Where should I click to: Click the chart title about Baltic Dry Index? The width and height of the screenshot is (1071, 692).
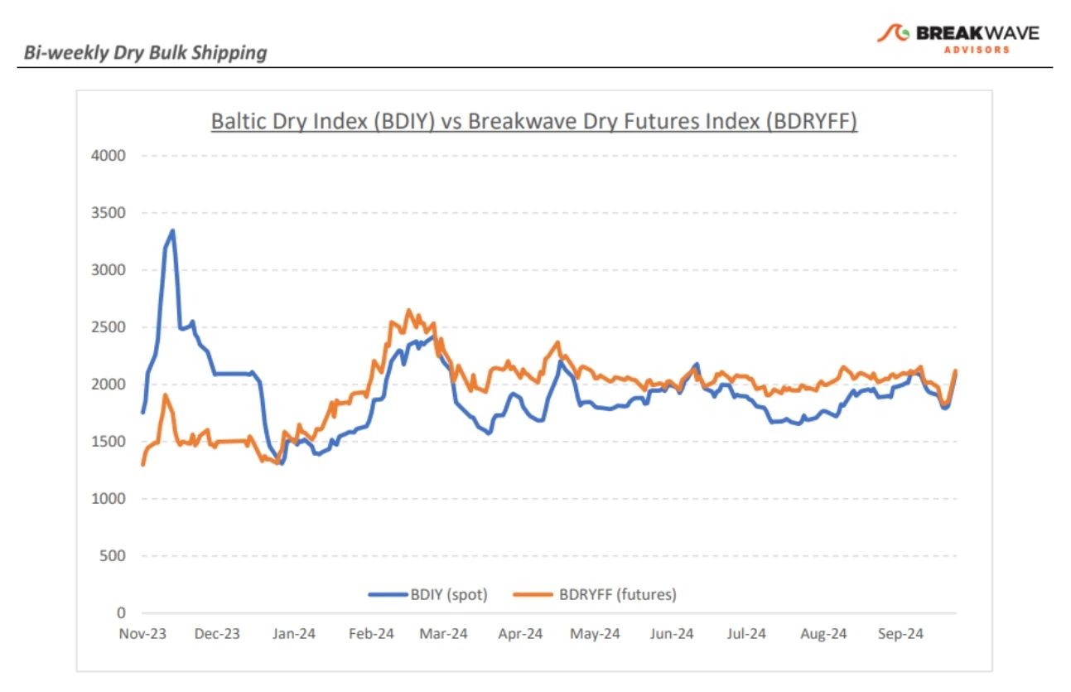pyautogui.click(x=534, y=121)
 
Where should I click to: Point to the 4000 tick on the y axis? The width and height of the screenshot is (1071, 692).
pyautogui.click(x=110, y=156)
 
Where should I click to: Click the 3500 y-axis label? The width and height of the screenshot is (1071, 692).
pyautogui.click(x=110, y=213)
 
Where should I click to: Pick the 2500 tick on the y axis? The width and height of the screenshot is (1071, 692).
pyautogui.click(x=110, y=327)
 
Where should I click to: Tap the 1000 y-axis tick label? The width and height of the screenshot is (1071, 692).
pyautogui.click(x=110, y=499)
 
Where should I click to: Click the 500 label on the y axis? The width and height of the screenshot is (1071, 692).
pyautogui.click(x=113, y=556)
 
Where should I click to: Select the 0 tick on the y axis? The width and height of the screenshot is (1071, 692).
pyautogui.click(x=120, y=613)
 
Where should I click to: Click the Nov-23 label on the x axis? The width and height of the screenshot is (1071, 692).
pyautogui.click(x=142, y=634)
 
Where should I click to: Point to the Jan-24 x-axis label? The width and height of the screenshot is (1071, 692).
pyautogui.click(x=294, y=634)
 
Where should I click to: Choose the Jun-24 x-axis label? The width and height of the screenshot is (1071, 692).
pyautogui.click(x=671, y=634)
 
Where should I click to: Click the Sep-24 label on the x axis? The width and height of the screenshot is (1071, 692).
pyautogui.click(x=900, y=634)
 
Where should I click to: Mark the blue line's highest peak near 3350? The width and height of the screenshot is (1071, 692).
pyautogui.click(x=172, y=231)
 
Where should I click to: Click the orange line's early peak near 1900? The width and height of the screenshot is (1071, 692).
pyautogui.click(x=165, y=395)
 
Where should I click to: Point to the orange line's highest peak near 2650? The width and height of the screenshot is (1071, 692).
pyautogui.click(x=408, y=311)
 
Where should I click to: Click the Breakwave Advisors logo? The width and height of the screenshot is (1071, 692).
pyautogui.click(x=958, y=36)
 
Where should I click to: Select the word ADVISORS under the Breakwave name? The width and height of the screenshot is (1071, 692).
pyautogui.click(x=977, y=50)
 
